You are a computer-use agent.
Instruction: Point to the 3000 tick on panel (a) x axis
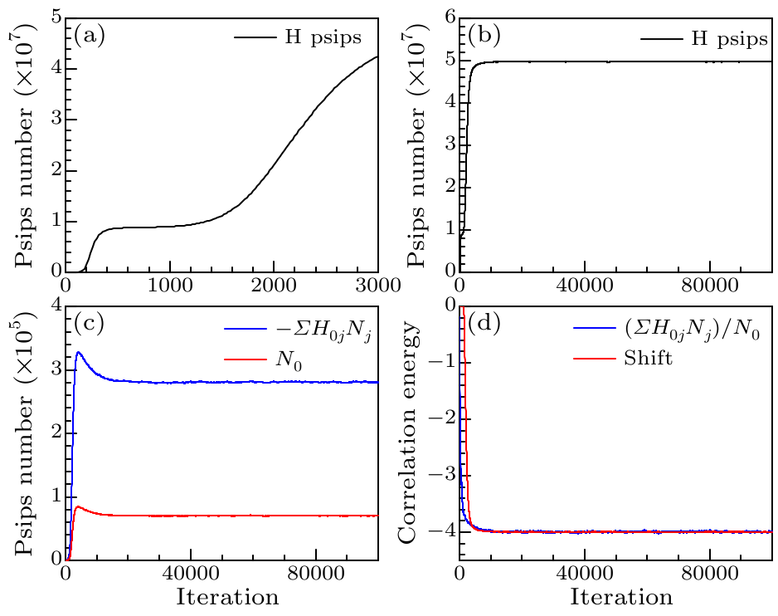click(x=377, y=285)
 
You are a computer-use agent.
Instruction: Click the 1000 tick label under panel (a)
click(x=170, y=285)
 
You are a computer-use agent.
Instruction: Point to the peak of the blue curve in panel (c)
click(x=80, y=353)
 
